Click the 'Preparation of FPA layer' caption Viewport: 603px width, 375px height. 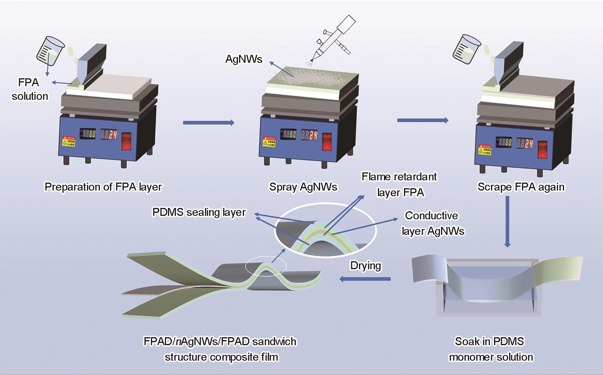103,187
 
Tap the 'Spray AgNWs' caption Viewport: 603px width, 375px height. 303,187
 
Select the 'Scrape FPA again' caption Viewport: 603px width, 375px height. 521,187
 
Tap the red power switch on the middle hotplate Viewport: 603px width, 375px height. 327,141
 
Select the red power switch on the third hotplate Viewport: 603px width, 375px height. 542,149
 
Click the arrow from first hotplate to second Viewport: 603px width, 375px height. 208,122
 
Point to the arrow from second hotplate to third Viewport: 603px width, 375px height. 423,120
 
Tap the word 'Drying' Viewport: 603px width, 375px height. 365,265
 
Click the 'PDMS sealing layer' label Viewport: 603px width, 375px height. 199,212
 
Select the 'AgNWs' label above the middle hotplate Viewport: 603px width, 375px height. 244,59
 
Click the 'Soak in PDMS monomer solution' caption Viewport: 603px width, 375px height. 490,349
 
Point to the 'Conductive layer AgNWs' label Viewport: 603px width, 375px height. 432,223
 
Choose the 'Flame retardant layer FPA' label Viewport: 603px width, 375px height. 399,184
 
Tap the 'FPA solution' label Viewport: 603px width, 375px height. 30,89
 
